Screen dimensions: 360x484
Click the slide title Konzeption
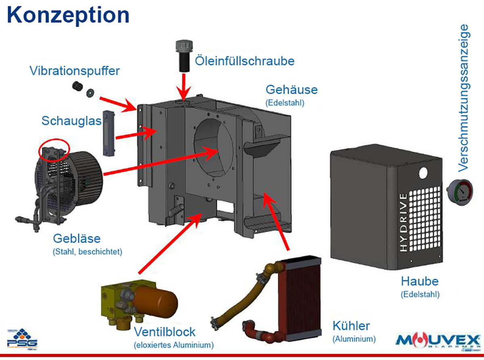68,15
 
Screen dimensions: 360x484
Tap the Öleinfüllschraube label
244,61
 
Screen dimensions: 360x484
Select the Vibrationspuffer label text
75,71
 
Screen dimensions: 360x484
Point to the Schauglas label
71,120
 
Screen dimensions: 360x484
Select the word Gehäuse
291,89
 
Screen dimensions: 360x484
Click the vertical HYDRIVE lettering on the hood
403,222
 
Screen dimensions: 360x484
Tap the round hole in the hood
423,173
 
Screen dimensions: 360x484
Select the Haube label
419,281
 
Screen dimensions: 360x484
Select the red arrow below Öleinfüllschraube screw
184,85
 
